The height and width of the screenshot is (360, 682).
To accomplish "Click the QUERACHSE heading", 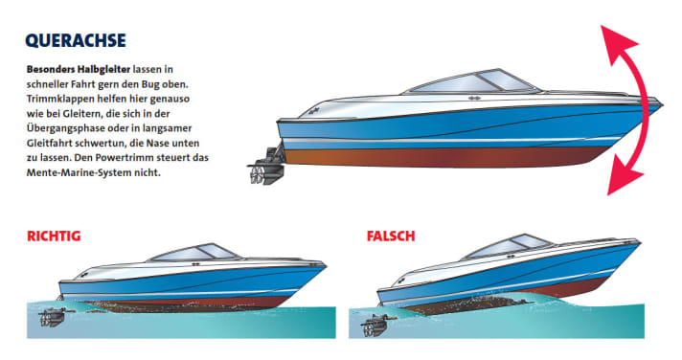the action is [76, 42].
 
